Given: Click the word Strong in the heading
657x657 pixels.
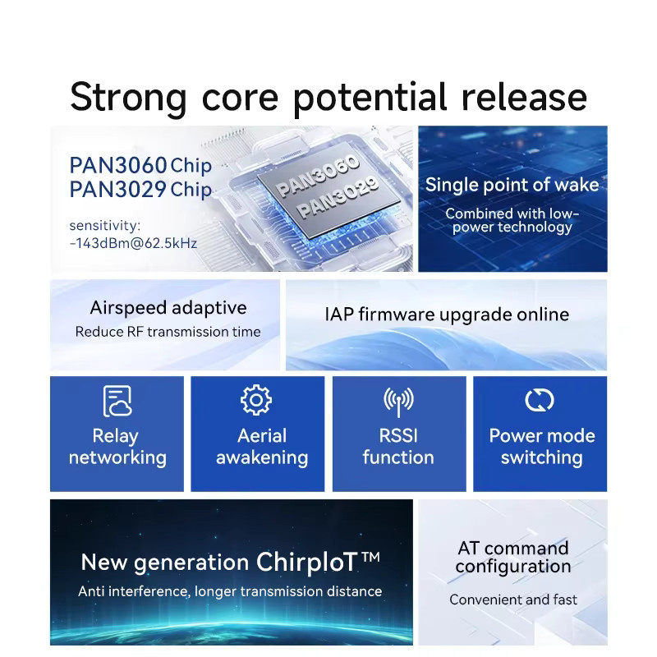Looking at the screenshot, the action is (x=128, y=98).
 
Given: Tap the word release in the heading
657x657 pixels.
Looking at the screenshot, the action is (x=524, y=97).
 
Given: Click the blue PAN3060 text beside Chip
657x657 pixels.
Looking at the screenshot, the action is (x=118, y=165).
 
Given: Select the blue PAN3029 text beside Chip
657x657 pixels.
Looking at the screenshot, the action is (x=118, y=189).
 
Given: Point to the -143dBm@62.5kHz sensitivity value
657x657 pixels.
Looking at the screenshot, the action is (x=133, y=243).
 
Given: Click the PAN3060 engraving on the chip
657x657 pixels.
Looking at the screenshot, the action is (x=318, y=175).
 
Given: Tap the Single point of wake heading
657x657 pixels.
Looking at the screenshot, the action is (x=512, y=185).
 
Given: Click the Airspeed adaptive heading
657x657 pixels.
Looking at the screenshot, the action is (x=168, y=308).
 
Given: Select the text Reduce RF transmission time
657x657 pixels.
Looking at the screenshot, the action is (x=168, y=332).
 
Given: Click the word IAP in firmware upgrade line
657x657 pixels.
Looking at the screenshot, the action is (x=339, y=315).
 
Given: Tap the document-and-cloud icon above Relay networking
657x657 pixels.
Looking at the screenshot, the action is (x=117, y=401).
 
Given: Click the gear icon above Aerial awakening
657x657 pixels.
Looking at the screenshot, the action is (x=256, y=400).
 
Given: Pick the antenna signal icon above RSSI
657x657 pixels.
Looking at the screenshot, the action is (x=398, y=402).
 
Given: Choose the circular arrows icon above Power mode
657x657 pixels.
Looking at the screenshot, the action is (x=540, y=400).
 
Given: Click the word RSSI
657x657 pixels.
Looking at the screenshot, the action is (x=398, y=436).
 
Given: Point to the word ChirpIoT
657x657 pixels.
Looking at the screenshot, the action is (x=307, y=562).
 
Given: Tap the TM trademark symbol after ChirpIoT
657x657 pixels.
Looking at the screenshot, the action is (x=370, y=557).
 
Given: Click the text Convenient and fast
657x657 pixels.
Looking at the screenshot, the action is (x=513, y=600).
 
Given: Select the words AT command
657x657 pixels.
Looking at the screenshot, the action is (x=513, y=548).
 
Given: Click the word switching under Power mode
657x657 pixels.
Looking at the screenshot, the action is (x=542, y=458).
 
